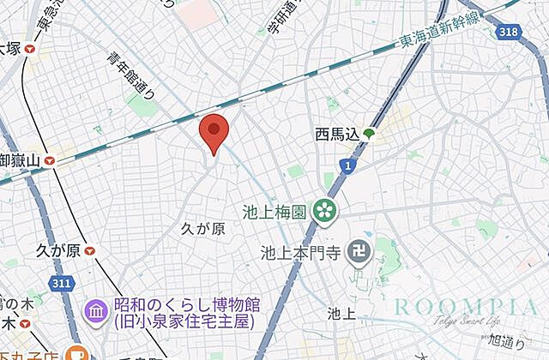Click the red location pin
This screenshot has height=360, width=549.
click(x=213, y=132)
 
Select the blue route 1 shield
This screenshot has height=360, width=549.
click(x=347, y=165)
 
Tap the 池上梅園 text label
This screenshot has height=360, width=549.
click(x=273, y=211)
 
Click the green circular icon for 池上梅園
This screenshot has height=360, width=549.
click(x=324, y=209)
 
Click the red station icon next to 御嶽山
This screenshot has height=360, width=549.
click(x=51, y=159)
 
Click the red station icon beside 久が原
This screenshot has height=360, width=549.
click(x=90, y=250)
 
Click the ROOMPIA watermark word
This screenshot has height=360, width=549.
click(x=466, y=306)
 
